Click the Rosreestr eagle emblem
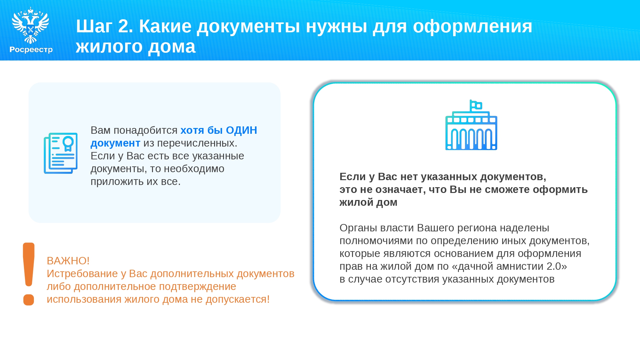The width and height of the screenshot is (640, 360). click(x=30, y=25)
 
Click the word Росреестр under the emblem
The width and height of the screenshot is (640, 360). click(x=31, y=50)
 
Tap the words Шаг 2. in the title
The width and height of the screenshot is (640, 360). click(x=104, y=26)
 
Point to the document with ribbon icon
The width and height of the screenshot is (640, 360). click(x=61, y=153)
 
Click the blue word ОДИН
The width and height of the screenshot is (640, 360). click(x=241, y=130)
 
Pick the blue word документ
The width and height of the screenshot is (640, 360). click(x=115, y=143)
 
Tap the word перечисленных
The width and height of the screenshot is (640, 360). click(x=197, y=143)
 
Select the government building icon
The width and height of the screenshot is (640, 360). click(x=471, y=125)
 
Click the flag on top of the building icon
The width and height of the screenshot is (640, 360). click(x=476, y=105)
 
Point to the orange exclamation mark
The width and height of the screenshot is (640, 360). click(x=28, y=274)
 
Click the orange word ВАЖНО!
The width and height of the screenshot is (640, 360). click(x=68, y=261)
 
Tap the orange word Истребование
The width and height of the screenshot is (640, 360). click(x=82, y=274)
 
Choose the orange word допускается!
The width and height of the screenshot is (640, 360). click(x=237, y=299)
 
